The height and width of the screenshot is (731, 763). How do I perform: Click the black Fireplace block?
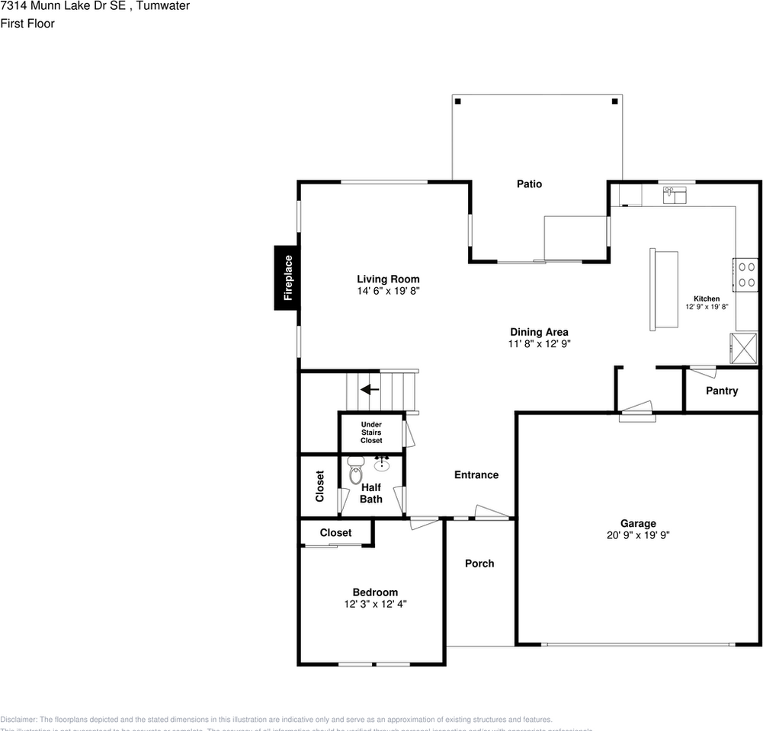pyautogui.click(x=287, y=278)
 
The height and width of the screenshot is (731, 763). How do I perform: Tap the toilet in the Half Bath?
pyautogui.click(x=355, y=472)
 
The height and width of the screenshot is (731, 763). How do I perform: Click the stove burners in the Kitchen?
pyautogui.click(x=746, y=274)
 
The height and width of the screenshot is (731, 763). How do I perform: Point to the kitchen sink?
pyautogui.click(x=674, y=194)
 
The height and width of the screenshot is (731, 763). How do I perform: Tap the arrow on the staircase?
pyautogui.click(x=370, y=390)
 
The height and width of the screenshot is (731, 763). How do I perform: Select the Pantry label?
pyautogui.click(x=721, y=391)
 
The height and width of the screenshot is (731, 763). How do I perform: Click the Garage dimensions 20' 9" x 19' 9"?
pyautogui.click(x=638, y=535)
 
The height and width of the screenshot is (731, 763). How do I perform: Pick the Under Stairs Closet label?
pyautogui.click(x=371, y=433)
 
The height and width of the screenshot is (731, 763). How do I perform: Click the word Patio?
pyautogui.click(x=529, y=184)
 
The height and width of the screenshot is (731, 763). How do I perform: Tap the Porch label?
pyautogui.click(x=479, y=563)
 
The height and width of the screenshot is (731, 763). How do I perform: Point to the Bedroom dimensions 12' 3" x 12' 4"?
pyautogui.click(x=375, y=604)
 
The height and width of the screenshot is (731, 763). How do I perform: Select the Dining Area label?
pyautogui.click(x=539, y=332)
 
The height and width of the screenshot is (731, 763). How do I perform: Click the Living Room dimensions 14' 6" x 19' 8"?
pyautogui.click(x=388, y=291)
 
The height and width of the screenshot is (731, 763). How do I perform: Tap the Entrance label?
pyautogui.click(x=476, y=474)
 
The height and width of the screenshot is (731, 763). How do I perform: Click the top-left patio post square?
pyautogui.click(x=457, y=101)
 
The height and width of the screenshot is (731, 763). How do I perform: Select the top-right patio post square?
pyautogui.click(x=614, y=101)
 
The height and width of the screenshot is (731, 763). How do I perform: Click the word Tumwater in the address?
pyautogui.click(x=163, y=6)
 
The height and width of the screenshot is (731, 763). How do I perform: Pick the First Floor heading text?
pyautogui.click(x=27, y=24)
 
